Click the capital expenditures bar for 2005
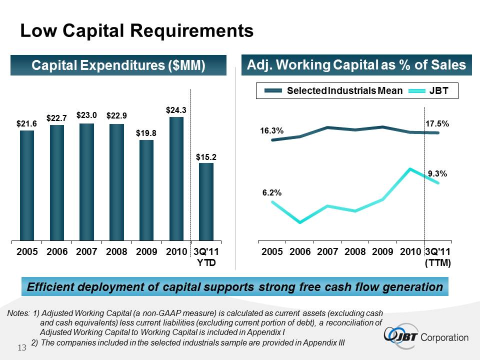tap(27, 185)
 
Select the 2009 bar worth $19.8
tap(146, 190)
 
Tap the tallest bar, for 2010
tap(176, 178)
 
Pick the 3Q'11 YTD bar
tap(206, 201)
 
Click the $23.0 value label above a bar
tap(86, 114)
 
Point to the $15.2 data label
tap(206, 157)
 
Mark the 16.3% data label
tap(271, 130)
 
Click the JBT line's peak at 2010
tap(410, 169)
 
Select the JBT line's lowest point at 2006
tap(299, 222)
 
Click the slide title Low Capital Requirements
tap(136, 31)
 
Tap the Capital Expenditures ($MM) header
tap(118, 65)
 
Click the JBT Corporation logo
tap(427, 337)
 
